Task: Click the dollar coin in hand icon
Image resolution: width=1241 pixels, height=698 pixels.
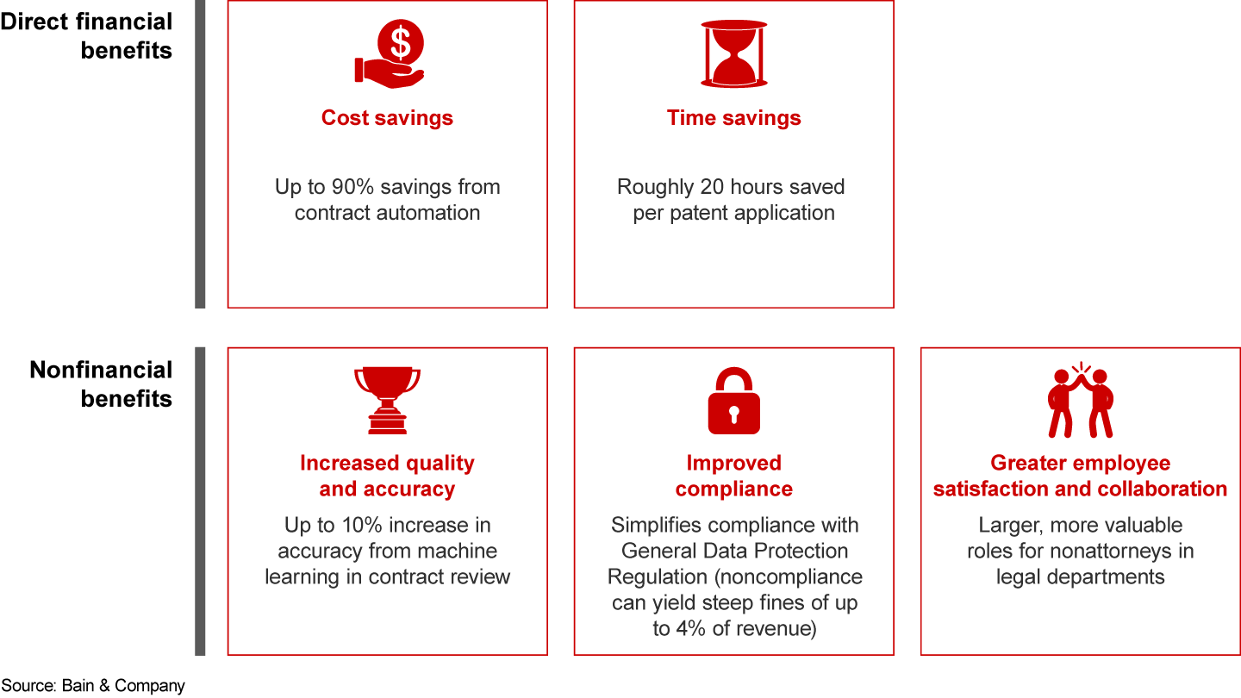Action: click(x=389, y=53)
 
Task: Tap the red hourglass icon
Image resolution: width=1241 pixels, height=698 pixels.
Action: click(x=734, y=53)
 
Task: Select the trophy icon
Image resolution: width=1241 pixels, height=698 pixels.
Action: click(x=387, y=400)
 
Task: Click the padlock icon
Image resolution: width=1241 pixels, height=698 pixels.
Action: click(x=734, y=401)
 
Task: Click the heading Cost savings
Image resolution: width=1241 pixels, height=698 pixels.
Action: click(x=387, y=118)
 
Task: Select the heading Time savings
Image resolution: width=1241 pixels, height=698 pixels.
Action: click(x=734, y=118)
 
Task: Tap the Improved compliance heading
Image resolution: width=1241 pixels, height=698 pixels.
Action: click(x=734, y=476)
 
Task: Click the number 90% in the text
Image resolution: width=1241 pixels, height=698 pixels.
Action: click(x=352, y=187)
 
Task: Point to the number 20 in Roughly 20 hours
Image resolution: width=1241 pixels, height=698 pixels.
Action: click(x=712, y=187)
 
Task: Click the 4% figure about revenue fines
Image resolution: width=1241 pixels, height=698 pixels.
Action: click(x=691, y=628)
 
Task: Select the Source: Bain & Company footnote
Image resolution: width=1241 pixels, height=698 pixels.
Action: click(x=92, y=685)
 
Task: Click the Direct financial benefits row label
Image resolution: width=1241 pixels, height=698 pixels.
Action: click(x=86, y=36)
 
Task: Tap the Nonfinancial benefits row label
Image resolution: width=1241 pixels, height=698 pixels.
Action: click(x=101, y=384)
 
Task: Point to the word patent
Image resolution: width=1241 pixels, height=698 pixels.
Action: click(x=695, y=214)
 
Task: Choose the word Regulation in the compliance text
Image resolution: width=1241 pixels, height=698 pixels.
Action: click(x=658, y=576)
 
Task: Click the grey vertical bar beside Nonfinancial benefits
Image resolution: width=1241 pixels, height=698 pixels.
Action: click(x=200, y=502)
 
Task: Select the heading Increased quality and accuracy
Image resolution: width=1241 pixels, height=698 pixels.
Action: click(x=387, y=476)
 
